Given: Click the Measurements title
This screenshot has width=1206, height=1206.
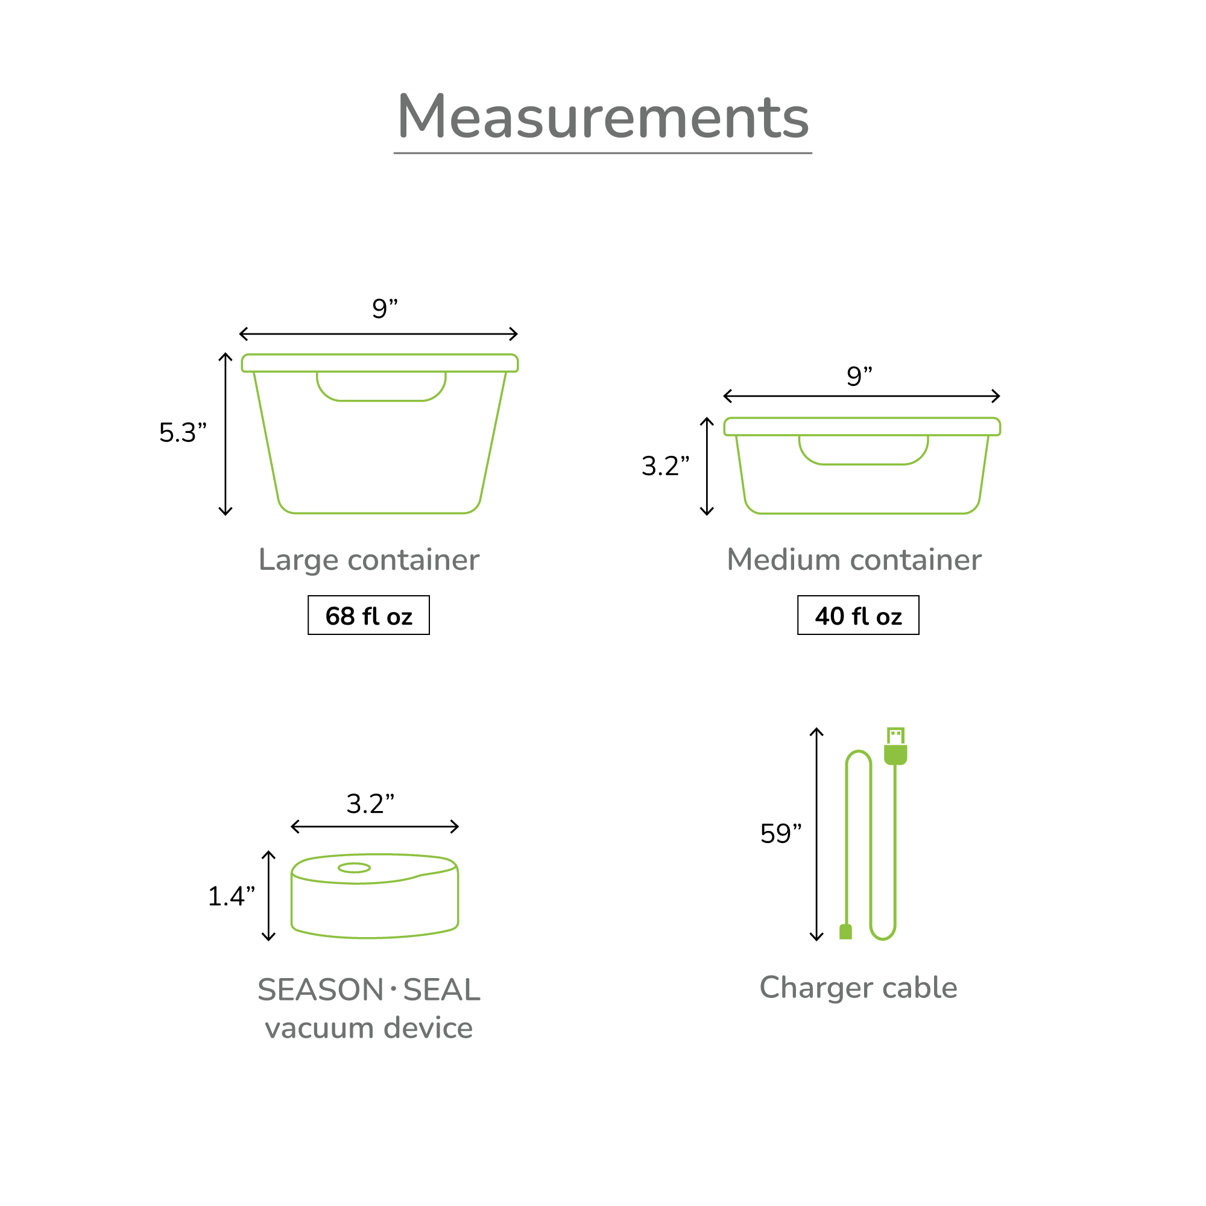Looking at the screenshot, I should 602,118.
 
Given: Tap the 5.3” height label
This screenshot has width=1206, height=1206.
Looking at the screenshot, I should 182,432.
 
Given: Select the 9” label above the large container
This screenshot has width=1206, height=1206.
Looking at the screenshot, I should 385,308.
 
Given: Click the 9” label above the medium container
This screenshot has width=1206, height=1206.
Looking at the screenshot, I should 859,376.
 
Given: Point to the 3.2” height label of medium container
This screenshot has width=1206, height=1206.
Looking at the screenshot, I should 666,466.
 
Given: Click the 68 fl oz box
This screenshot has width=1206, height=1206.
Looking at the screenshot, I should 368,616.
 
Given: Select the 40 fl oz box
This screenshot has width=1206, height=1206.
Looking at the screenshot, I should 857,616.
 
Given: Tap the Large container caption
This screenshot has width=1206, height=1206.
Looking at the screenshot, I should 368,560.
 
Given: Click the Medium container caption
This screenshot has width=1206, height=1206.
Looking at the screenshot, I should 853,560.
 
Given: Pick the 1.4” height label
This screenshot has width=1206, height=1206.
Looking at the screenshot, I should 231,897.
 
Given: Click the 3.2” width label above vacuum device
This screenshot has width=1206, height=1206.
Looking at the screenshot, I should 370,804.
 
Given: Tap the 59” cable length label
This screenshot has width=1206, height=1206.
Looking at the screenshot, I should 780,834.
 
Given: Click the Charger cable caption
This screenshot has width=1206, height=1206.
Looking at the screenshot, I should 857,988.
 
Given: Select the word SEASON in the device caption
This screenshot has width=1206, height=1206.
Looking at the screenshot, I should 320,990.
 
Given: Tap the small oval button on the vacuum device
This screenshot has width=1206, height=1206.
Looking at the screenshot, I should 354,868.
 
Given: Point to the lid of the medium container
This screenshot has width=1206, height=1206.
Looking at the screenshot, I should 862,426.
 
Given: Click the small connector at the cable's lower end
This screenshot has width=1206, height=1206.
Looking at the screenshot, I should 845,932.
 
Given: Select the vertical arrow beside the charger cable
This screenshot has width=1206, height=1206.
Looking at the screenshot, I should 816,834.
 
